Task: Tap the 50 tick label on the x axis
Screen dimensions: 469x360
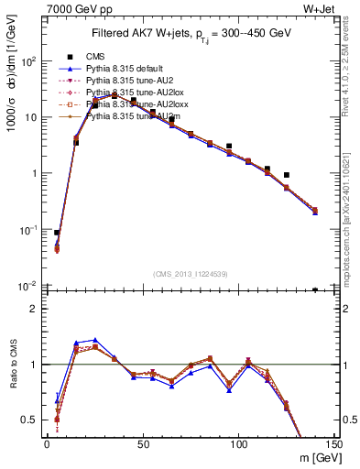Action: [x=142, y=444]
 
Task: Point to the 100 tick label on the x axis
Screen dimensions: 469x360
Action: [x=238, y=444]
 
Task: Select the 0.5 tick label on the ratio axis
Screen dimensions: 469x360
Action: [x=33, y=420]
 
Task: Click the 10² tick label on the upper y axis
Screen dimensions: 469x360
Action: [x=31, y=61]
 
